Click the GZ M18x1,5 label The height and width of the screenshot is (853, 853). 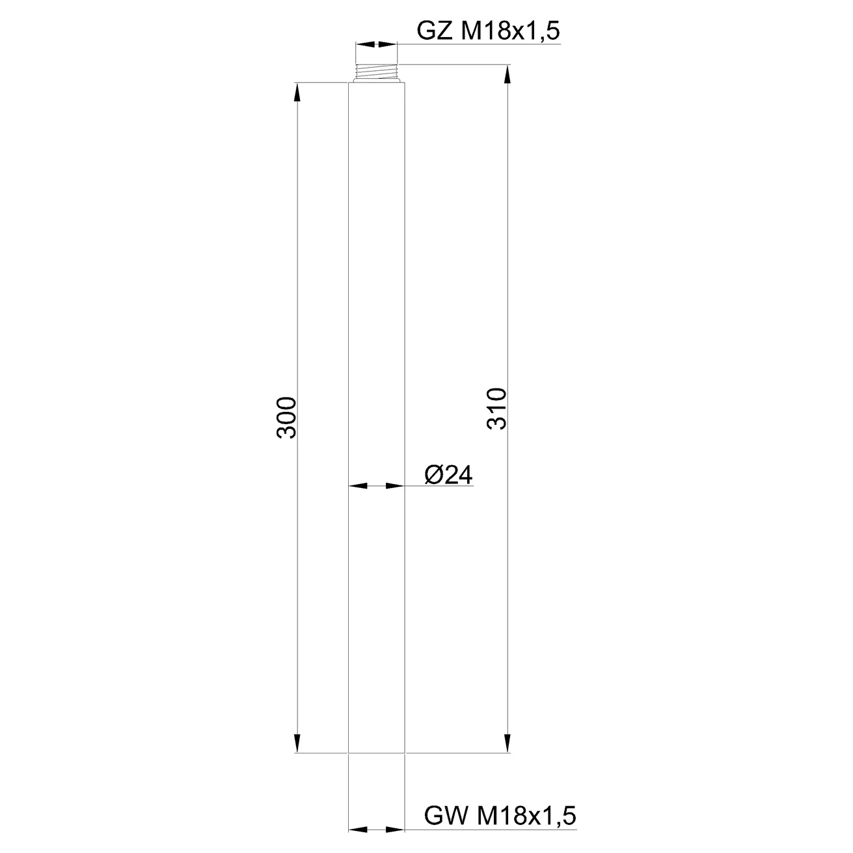(x=488, y=31)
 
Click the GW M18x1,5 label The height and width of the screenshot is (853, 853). (x=500, y=815)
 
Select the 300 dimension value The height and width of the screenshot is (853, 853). (x=286, y=418)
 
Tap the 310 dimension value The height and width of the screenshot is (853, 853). (x=496, y=409)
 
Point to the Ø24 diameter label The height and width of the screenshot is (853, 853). (x=448, y=475)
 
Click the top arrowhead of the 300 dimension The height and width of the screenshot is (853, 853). (x=297, y=92)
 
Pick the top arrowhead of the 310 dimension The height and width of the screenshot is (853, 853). (x=508, y=74)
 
